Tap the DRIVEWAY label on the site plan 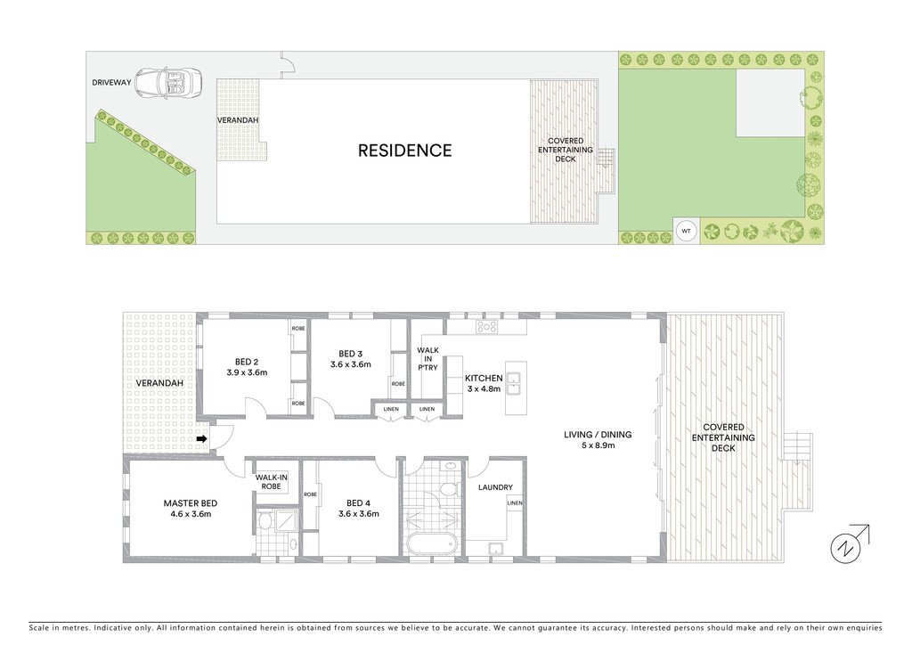(x=111, y=83)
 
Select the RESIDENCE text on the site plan (x=404, y=151)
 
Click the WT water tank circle (x=686, y=232)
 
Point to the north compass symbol (x=846, y=546)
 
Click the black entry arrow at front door (x=202, y=438)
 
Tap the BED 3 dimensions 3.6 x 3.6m (x=350, y=363)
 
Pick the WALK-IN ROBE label (x=270, y=482)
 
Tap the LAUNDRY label (x=494, y=487)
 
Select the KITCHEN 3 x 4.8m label (x=484, y=384)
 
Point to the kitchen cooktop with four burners (x=486, y=327)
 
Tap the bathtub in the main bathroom (x=431, y=543)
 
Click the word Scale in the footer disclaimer (x=41, y=627)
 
